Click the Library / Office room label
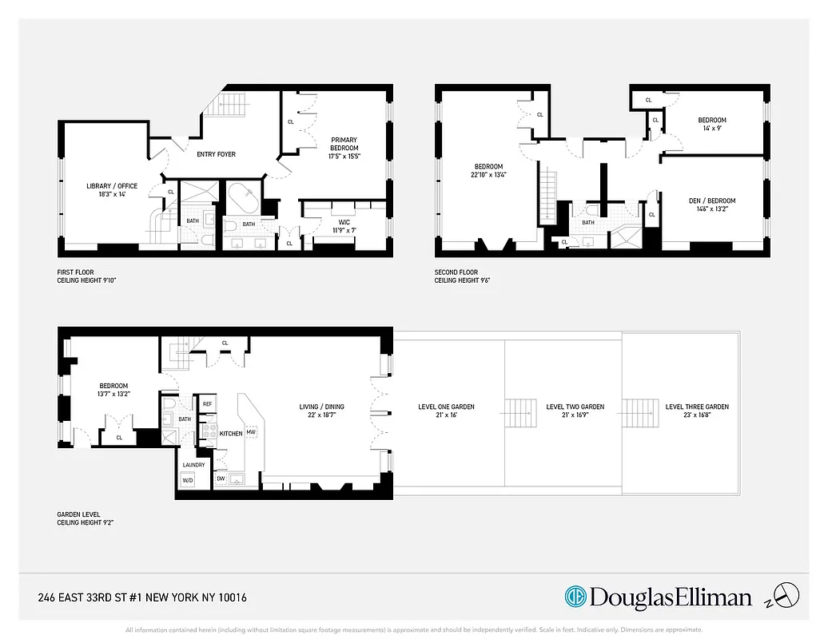pyautogui.click(x=112, y=186)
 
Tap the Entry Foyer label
pyautogui.click(x=215, y=154)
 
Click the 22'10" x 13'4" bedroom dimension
pyautogui.click(x=488, y=176)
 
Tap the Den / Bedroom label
pyautogui.click(x=711, y=200)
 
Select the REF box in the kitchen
pyautogui.click(x=207, y=404)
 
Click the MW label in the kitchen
pyautogui.click(x=250, y=432)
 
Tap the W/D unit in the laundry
pyautogui.click(x=188, y=480)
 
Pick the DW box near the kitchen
pyautogui.click(x=221, y=479)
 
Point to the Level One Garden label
pyautogui.click(x=446, y=407)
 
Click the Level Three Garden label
pyautogui.click(x=697, y=407)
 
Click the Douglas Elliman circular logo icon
pyautogui.click(x=575, y=597)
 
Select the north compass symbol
pyautogui.click(x=788, y=594)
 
